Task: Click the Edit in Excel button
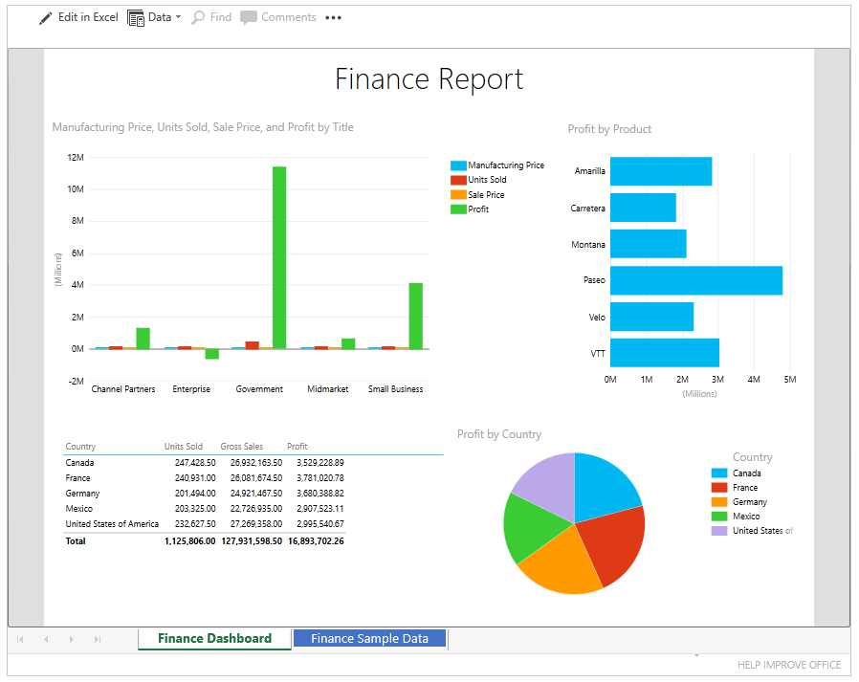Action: coord(78,17)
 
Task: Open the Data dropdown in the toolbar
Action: coord(154,17)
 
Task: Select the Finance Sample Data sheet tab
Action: coord(369,638)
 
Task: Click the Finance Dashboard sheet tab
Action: coord(214,638)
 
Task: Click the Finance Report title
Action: coord(429,78)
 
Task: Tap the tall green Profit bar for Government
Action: coord(279,257)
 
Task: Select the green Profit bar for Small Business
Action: coord(415,316)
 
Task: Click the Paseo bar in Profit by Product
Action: coord(695,280)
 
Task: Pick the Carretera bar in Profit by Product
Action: coord(643,208)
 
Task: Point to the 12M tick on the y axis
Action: coord(75,157)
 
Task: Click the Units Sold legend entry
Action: coord(487,180)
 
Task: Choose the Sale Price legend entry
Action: coord(486,195)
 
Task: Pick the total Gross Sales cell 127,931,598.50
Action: coord(252,541)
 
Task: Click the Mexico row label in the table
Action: coord(78,509)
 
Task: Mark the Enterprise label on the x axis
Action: coord(191,389)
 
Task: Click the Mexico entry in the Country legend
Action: coord(746,517)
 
